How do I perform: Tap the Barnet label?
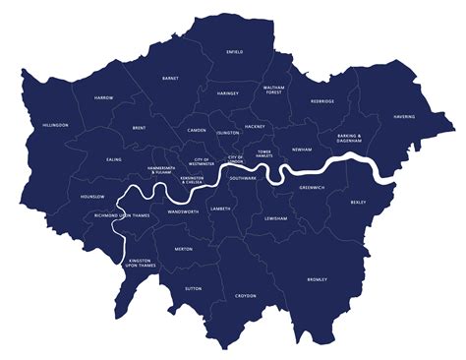170,78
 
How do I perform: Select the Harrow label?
103,99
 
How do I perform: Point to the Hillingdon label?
56,126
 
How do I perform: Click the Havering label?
404,116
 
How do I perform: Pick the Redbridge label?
322,100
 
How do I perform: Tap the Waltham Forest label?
273,90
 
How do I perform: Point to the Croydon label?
245,295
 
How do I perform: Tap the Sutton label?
194,288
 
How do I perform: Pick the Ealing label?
114,158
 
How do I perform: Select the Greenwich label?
312,187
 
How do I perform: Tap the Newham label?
301,150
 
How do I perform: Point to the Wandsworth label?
183,211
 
